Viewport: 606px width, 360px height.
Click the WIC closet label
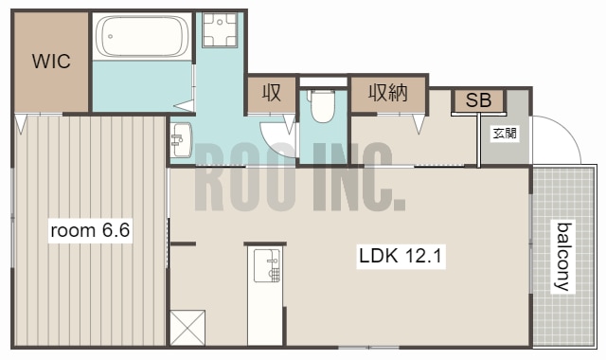(x=51, y=62)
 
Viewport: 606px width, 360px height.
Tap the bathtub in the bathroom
(x=142, y=36)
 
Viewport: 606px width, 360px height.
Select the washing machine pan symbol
(x=220, y=29)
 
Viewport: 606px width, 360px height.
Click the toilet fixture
(x=322, y=106)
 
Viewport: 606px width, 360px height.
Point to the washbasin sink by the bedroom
(x=181, y=139)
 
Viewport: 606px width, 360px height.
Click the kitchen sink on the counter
(x=266, y=265)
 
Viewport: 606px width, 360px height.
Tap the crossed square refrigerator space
(x=187, y=328)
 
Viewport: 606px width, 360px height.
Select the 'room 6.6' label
(x=90, y=230)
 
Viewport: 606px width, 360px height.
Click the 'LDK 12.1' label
(x=401, y=256)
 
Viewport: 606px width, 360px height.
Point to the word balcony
(x=563, y=256)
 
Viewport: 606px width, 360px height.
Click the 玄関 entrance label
(x=505, y=134)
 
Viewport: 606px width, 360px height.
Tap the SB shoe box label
(x=478, y=100)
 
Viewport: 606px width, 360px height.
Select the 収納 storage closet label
(x=387, y=93)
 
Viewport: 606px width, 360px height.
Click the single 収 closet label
(x=272, y=93)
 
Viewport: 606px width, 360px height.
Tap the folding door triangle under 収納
(x=419, y=124)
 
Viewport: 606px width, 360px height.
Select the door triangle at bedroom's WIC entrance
(x=21, y=124)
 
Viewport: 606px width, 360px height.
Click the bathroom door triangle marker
(x=185, y=105)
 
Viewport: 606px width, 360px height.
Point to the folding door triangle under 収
(x=290, y=124)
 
